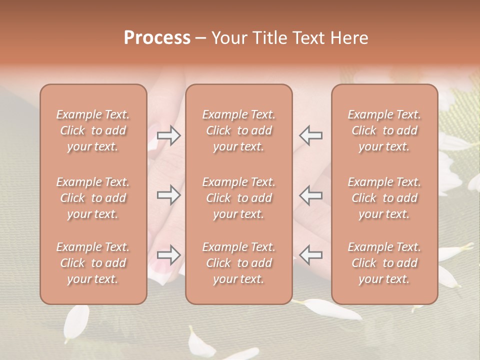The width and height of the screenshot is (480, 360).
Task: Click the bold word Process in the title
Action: pos(157,37)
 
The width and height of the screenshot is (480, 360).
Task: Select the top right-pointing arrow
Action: pos(168,135)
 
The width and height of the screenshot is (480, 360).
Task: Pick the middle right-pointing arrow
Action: pos(168,195)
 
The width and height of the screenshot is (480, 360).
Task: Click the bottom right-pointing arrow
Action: pos(168,255)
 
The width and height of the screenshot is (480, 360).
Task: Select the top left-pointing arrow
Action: pos(311,135)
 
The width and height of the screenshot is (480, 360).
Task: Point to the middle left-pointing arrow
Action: pos(311,195)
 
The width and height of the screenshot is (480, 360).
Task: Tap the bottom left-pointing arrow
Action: pos(311,255)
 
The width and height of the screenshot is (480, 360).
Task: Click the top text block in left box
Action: pos(93,130)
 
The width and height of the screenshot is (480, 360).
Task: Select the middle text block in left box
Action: pos(93,198)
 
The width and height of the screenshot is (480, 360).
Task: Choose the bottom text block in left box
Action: pos(93,263)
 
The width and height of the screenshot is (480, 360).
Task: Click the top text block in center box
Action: pos(238,130)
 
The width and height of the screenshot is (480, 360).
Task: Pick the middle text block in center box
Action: pos(238,198)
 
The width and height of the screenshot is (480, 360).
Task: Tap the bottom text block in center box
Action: pos(238,263)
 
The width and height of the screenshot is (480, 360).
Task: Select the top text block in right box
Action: pos(384,130)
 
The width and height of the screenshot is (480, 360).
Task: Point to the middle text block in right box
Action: pos(384,198)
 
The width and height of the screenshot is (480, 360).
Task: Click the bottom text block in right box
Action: pos(384,263)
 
